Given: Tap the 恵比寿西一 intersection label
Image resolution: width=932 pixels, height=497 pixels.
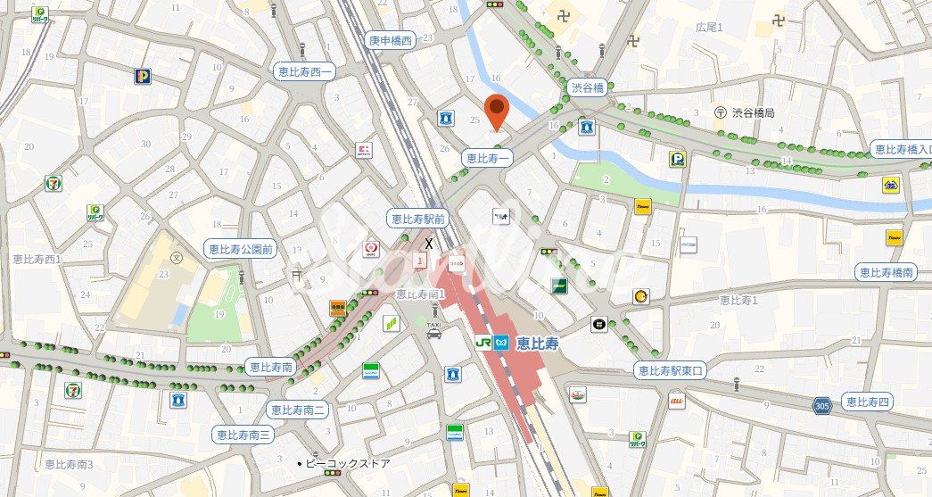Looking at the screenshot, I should click(303, 72).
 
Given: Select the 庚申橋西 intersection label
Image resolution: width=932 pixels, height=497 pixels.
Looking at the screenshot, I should click(391, 40).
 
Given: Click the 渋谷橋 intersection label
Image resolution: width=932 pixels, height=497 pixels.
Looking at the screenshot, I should click(589, 87).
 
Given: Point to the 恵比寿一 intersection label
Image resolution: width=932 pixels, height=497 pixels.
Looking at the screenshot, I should click(489, 158).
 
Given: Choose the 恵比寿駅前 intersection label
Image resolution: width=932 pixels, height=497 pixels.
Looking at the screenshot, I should click(417, 218).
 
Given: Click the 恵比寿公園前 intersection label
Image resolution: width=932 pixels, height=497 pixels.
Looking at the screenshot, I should click(239, 248).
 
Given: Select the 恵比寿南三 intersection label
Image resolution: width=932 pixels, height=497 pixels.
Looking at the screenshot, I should click(243, 435).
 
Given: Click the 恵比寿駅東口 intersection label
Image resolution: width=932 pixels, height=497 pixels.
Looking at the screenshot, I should click(671, 369).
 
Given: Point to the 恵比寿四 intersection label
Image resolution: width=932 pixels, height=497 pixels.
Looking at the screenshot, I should click(867, 402).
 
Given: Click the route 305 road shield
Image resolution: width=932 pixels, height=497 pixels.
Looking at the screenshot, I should click(822, 406).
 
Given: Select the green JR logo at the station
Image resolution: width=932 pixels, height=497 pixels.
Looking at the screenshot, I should click(482, 342).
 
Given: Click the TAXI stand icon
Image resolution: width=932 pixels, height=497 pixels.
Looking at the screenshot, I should click(433, 327).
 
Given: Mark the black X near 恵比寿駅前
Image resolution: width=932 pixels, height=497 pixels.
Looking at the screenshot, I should click(429, 244).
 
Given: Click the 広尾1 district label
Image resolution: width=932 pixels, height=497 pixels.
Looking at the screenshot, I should click(709, 29).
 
